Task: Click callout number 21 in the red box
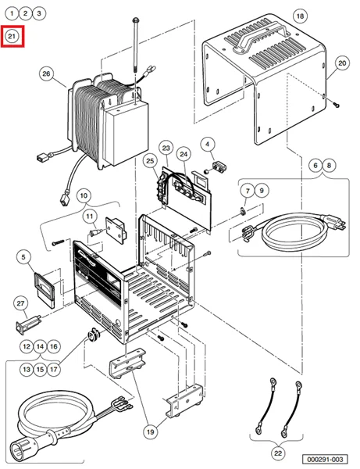(x=13, y=36)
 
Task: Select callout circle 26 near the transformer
(x=46, y=74)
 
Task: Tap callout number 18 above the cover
(x=301, y=14)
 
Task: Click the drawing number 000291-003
(x=326, y=460)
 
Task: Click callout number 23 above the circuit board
(x=166, y=148)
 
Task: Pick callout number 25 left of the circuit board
(x=148, y=161)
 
